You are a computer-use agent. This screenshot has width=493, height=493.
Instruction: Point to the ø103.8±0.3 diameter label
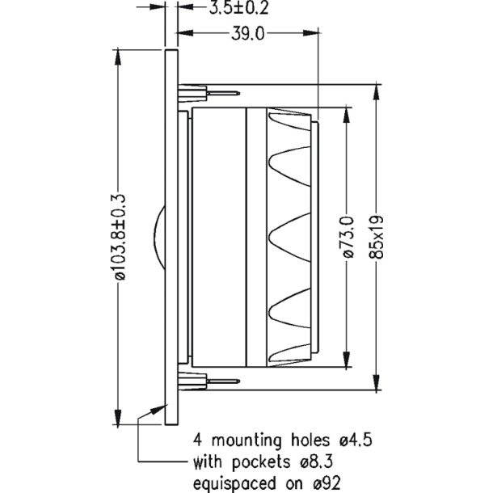120,236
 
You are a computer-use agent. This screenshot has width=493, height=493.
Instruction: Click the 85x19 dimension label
376,236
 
